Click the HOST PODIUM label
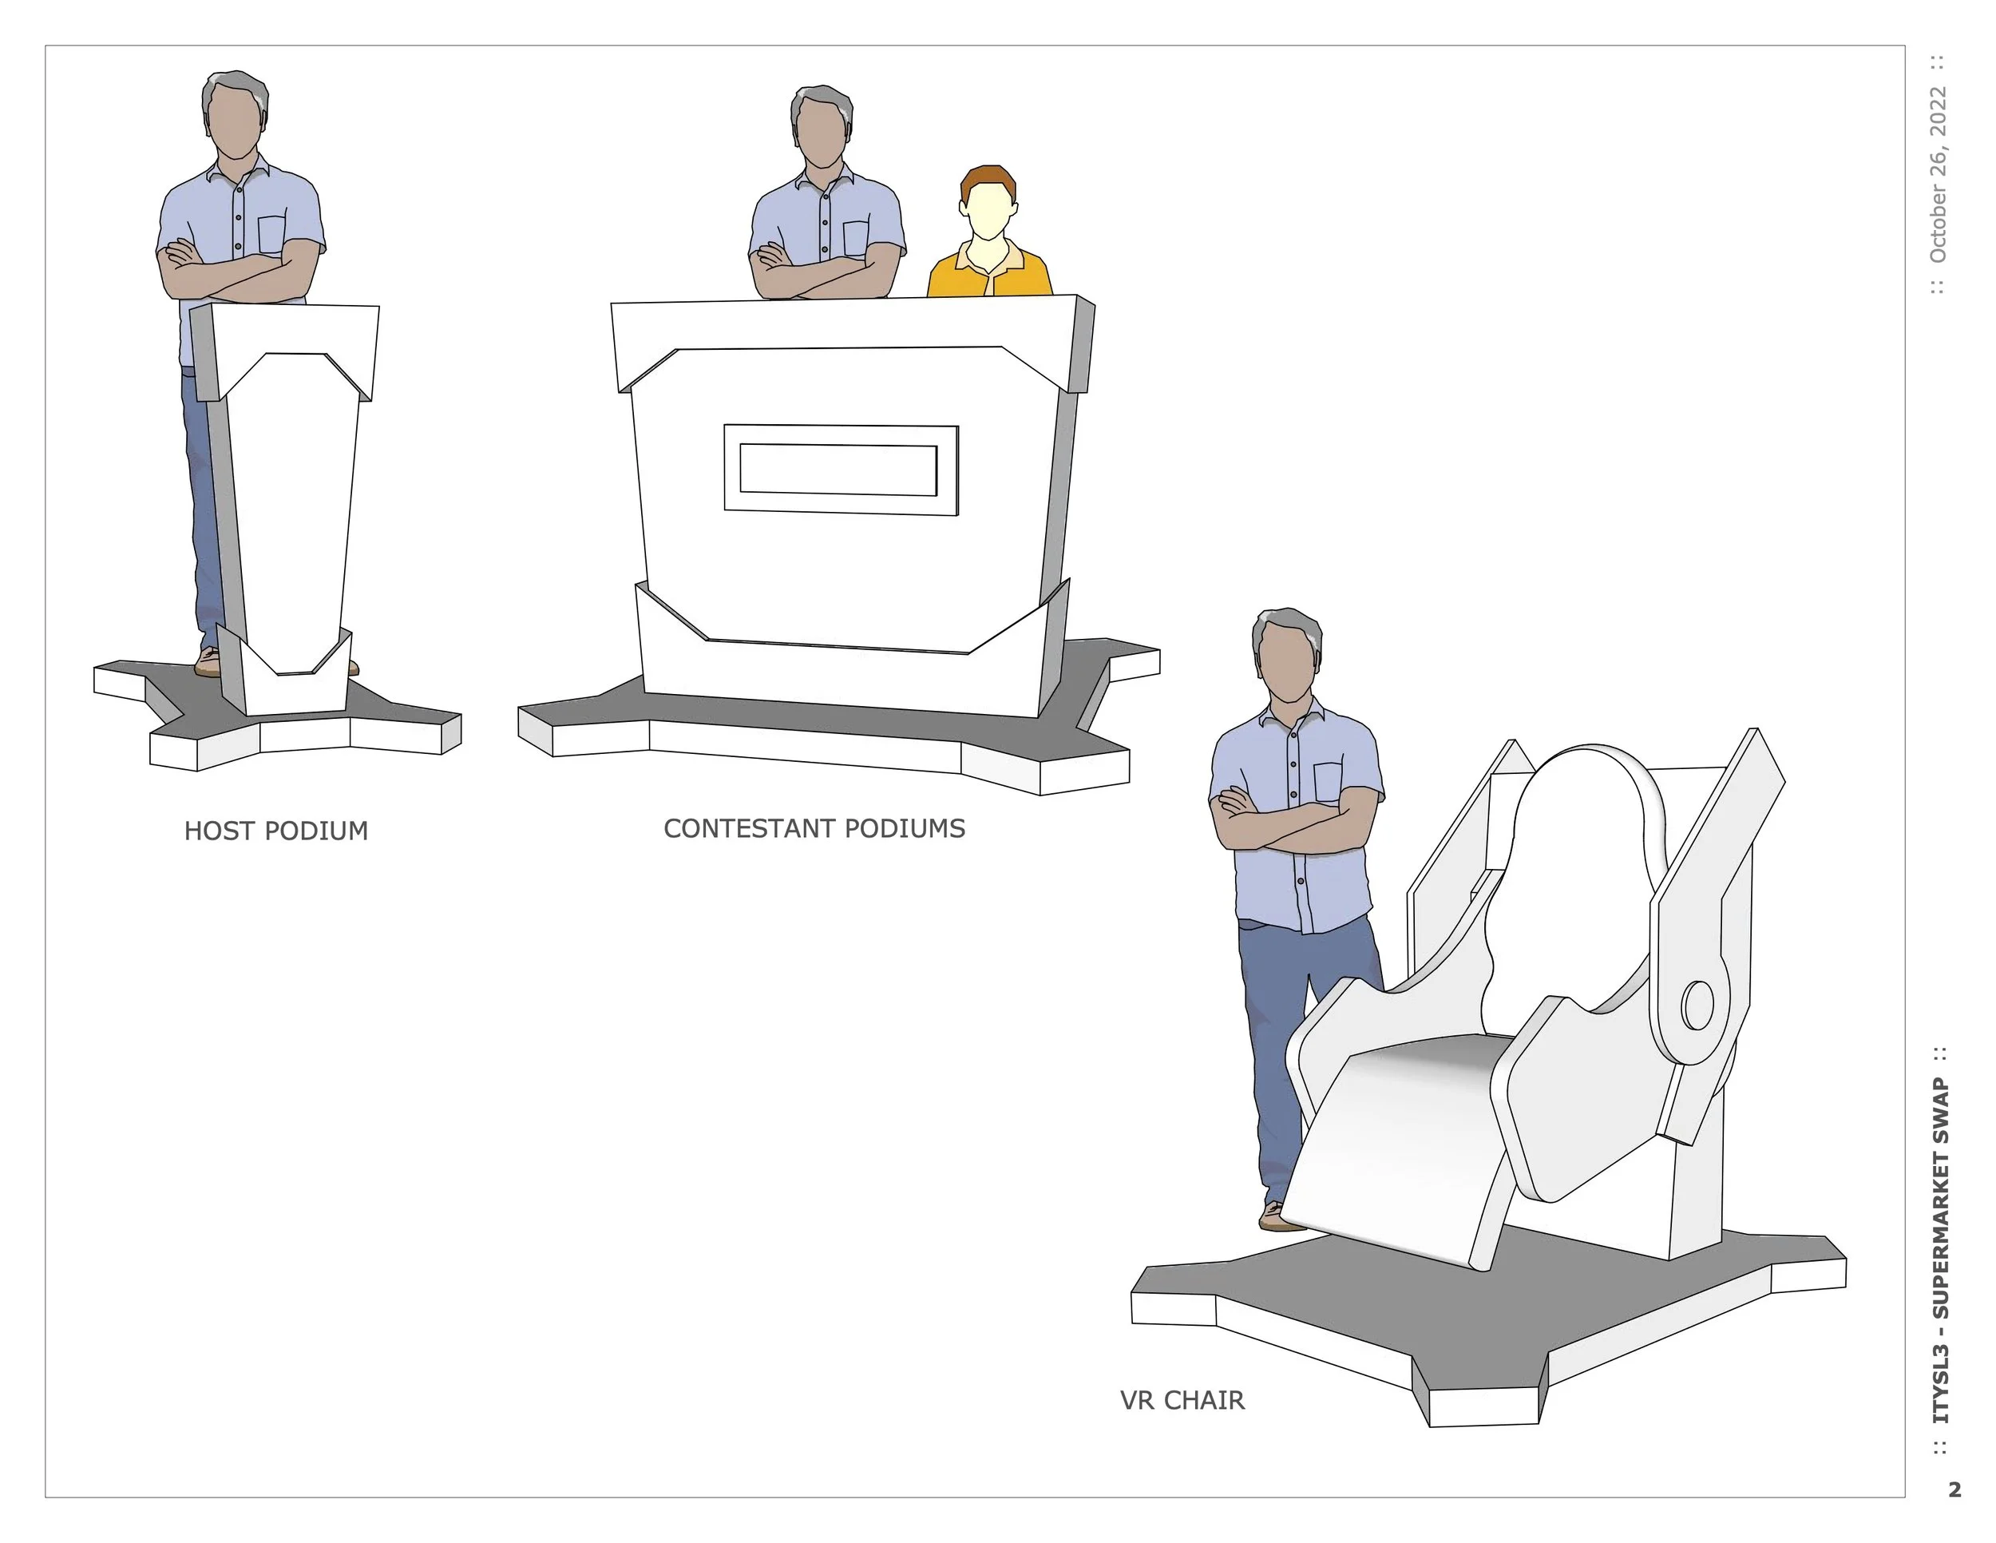click(276, 831)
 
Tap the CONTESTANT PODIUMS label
click(814, 829)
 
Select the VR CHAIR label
click(1182, 1400)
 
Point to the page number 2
click(1954, 1490)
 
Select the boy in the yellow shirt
click(990, 232)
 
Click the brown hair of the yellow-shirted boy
click(988, 180)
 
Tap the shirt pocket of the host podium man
click(271, 234)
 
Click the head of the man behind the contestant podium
click(822, 127)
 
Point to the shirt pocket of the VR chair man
click(1328, 783)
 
